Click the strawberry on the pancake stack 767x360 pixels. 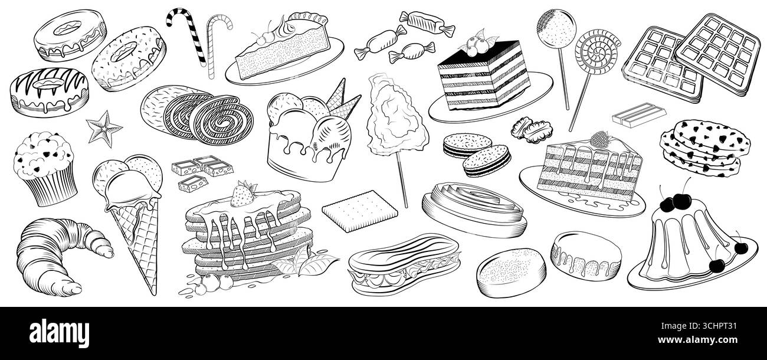[x=242, y=193]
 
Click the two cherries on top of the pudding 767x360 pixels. [x=671, y=202]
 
